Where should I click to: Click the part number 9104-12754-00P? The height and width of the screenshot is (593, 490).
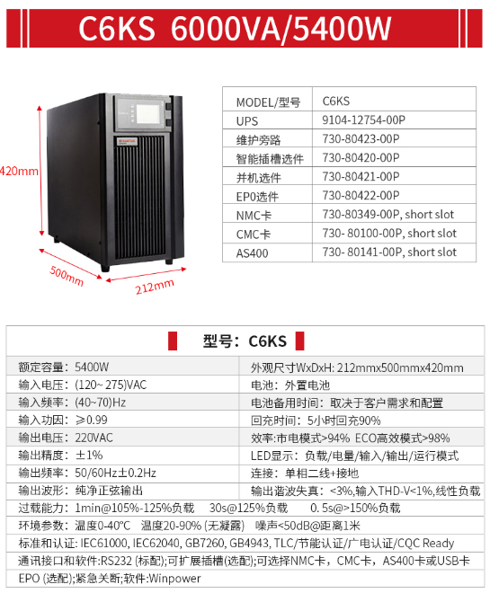(363, 119)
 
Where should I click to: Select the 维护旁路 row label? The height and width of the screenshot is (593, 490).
(258, 140)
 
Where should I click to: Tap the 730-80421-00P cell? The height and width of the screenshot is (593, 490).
(361, 177)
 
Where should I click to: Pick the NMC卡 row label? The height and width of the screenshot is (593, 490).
(254, 216)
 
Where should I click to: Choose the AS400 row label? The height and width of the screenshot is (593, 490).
(252, 253)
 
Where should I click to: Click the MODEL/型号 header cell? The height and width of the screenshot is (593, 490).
(268, 102)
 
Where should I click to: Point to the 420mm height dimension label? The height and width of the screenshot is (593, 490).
(19, 171)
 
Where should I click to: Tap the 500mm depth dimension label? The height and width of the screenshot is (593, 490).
(67, 276)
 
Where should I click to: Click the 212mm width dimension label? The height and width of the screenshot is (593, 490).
(155, 287)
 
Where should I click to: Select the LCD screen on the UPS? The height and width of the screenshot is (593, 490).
(147, 112)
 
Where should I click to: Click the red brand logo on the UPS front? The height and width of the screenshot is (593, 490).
(127, 141)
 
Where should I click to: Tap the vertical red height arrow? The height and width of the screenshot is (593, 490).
(40, 171)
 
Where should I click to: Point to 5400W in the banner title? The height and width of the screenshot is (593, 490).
(342, 29)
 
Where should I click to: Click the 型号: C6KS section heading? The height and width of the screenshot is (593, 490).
(245, 341)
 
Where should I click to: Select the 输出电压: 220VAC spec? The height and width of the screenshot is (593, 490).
(66, 438)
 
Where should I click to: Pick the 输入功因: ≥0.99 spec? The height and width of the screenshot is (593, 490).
(63, 420)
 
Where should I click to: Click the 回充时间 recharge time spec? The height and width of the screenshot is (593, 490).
(316, 420)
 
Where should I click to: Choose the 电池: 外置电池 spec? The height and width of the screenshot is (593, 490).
(290, 385)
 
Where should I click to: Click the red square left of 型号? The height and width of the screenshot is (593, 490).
(173, 341)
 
